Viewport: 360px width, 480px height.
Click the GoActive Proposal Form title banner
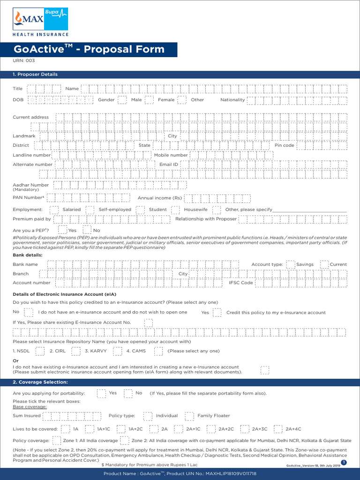pos(89,49)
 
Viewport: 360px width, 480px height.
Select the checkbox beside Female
pos(149,100)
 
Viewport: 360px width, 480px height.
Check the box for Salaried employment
pos(54,210)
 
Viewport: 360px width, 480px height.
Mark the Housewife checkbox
pos(175,210)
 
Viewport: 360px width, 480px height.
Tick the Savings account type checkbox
pos(291,264)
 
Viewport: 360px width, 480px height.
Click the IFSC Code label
pos(240,283)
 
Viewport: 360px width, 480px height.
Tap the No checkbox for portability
pos(128,393)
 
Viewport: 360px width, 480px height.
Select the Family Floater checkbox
pos(189,416)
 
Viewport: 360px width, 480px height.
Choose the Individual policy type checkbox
pos(148,416)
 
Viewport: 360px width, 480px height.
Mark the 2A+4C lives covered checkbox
pos(278,429)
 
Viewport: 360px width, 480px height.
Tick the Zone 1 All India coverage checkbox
pos(56,441)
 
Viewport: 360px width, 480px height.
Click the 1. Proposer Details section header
pos(35,75)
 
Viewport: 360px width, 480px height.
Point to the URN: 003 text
pos(23,60)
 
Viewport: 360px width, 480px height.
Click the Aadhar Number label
pos(30,186)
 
